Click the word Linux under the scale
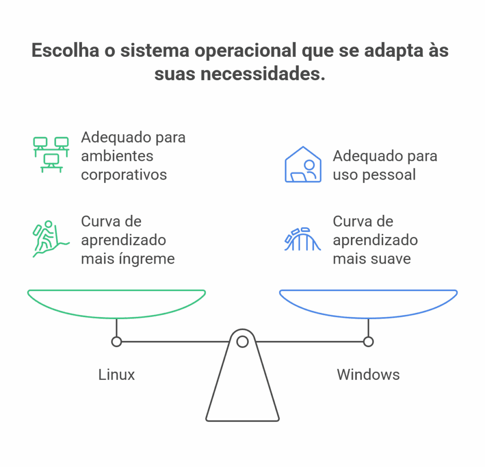(x=117, y=375)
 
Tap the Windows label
(x=368, y=375)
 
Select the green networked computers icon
(x=51, y=155)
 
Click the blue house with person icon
(x=303, y=165)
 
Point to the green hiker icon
(x=49, y=238)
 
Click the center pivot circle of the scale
(x=242, y=341)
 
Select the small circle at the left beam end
(x=117, y=341)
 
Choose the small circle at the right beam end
(x=368, y=341)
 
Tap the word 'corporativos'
(x=124, y=174)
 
